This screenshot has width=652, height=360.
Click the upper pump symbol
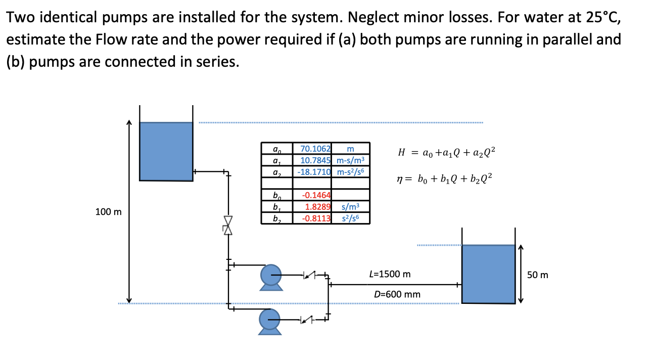click(x=271, y=276)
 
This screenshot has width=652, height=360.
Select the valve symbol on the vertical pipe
click(x=228, y=224)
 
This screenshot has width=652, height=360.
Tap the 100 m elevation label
click(x=108, y=212)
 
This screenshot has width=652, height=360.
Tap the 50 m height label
click(x=537, y=275)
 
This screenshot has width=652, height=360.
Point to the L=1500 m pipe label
click(x=390, y=274)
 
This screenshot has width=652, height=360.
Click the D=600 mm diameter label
click(x=397, y=294)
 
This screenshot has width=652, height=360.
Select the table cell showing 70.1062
click(x=315, y=149)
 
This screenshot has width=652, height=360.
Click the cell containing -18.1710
click(x=314, y=171)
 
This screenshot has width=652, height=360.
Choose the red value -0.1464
click(x=316, y=195)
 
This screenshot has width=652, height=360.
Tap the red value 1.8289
click(x=317, y=207)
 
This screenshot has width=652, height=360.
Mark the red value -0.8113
click(x=316, y=218)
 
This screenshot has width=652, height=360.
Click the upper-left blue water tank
click(x=166, y=151)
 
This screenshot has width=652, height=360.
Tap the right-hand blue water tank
click(x=488, y=274)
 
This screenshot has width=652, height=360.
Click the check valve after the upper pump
click(x=308, y=276)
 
